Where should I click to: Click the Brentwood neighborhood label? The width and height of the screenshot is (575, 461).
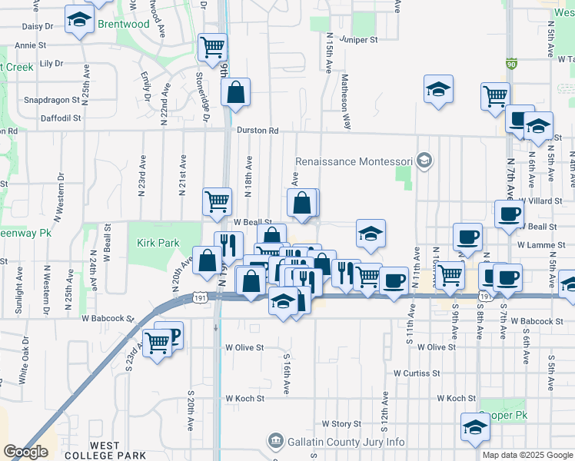(x=123, y=25)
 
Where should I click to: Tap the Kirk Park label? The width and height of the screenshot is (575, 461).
(x=158, y=244)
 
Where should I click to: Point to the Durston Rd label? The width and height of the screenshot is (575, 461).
(x=257, y=131)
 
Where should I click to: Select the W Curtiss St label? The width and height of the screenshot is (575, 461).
(x=416, y=373)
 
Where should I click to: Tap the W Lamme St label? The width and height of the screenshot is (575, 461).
(x=541, y=245)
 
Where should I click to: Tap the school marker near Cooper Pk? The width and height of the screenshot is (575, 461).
(x=475, y=427)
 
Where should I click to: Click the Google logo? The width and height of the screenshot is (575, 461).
(x=25, y=452)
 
